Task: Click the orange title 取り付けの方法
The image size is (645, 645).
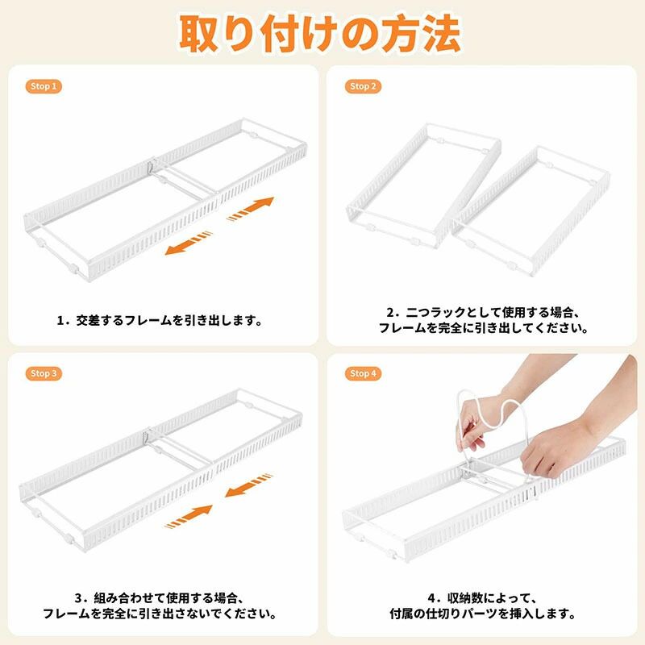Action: (x=319, y=34)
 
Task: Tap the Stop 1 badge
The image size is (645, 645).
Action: (x=44, y=86)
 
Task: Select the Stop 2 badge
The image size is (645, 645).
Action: (x=363, y=86)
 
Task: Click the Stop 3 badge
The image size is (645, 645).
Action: (x=44, y=373)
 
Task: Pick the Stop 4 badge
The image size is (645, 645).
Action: (x=363, y=373)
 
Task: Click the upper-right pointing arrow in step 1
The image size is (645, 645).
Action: (x=251, y=209)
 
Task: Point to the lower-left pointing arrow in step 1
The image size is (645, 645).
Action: (x=189, y=243)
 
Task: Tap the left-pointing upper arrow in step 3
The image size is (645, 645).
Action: (x=248, y=485)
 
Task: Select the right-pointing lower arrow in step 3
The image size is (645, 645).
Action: (x=189, y=517)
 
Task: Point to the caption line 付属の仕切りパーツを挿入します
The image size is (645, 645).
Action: (x=481, y=614)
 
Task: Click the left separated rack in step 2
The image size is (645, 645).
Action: (x=424, y=185)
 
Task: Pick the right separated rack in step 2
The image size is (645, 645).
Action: (x=531, y=210)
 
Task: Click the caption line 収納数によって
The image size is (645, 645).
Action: (x=483, y=597)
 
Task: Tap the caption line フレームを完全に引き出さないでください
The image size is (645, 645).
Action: (x=160, y=614)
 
